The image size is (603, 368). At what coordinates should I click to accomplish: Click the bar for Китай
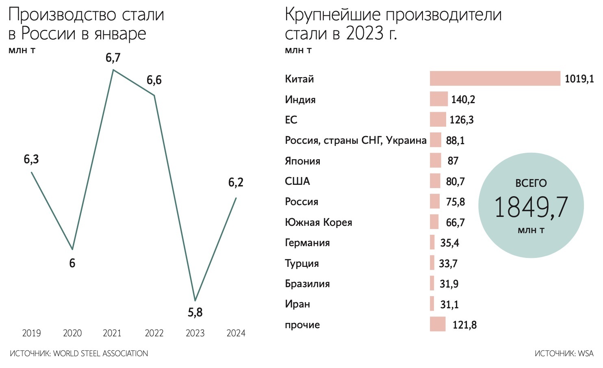495,78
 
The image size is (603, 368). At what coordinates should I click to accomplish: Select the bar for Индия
439,99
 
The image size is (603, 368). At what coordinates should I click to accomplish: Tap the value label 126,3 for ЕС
462,120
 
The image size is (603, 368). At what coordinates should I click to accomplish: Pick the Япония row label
302,161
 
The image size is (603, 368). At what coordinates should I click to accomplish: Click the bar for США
435,181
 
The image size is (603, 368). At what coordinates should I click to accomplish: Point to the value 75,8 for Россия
455,202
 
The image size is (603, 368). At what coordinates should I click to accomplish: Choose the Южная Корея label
318,222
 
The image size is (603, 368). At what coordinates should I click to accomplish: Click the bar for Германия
432,242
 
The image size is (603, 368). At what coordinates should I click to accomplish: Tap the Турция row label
301,263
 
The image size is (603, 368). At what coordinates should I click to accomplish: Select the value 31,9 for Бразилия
449,284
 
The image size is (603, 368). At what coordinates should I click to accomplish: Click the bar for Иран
432,304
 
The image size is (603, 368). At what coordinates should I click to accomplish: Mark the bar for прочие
438,325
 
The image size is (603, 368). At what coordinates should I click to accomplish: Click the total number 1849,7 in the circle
531,207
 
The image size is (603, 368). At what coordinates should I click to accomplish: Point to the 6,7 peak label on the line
113,58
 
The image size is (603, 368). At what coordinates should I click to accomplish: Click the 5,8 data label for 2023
195,312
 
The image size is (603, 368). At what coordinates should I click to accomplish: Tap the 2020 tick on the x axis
72,333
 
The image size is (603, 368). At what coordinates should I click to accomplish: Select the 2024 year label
236,333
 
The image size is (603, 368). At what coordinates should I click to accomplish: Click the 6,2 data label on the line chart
236,182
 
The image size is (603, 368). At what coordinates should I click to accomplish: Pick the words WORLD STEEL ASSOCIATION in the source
100,353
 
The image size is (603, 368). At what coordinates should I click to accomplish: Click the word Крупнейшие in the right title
332,15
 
